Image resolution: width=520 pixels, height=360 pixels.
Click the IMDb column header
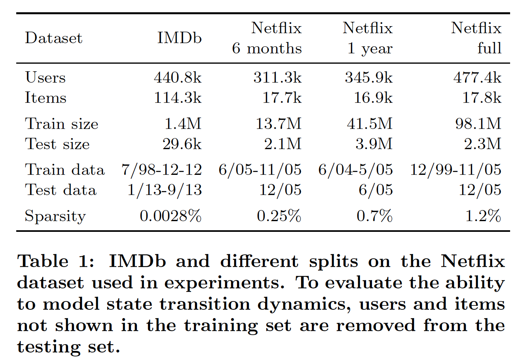coord(179,38)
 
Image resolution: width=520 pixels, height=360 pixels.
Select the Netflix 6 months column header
coord(267,38)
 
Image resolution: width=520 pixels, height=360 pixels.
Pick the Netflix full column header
coord(476,38)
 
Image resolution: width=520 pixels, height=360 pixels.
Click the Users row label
coord(45,78)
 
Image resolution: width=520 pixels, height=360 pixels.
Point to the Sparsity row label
coord(55,216)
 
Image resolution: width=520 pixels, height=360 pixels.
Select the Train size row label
coord(61,124)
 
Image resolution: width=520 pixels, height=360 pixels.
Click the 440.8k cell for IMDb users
coord(178,78)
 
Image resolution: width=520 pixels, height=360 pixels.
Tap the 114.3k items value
coord(178,98)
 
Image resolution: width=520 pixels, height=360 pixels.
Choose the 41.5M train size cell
coord(368,124)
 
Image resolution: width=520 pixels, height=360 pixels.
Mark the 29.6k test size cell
coord(182,144)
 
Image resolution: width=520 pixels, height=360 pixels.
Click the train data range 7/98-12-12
coord(161,170)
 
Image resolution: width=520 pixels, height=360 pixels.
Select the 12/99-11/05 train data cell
coord(455,170)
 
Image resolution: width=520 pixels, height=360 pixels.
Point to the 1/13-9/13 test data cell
coord(164,190)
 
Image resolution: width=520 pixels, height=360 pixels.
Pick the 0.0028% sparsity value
coord(171,216)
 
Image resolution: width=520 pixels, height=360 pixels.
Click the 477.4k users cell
coord(477,78)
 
